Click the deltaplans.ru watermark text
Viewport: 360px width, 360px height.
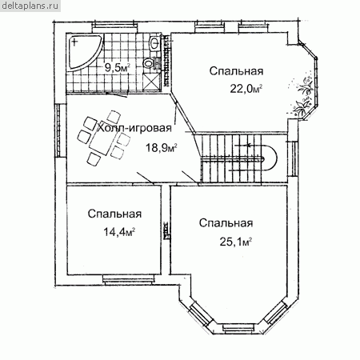(x=30, y=6)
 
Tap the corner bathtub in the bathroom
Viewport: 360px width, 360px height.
(x=82, y=52)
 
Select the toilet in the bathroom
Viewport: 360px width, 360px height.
(x=149, y=63)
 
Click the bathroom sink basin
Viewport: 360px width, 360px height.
(x=154, y=43)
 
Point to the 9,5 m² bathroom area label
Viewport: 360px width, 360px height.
(x=117, y=68)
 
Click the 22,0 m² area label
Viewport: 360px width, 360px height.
(x=246, y=89)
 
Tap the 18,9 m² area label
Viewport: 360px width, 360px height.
(x=162, y=147)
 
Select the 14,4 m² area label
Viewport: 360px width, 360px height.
(x=119, y=232)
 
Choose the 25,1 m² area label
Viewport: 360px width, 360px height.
(x=236, y=242)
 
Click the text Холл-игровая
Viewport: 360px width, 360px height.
(x=134, y=128)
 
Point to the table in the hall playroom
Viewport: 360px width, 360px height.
(x=103, y=142)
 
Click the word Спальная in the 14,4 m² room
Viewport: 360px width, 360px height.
(x=114, y=214)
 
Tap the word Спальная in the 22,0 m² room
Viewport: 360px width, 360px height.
(x=236, y=71)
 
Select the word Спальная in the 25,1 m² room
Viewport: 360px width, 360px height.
(x=226, y=223)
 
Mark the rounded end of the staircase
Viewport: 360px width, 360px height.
(x=271, y=159)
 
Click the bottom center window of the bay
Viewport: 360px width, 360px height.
(x=238, y=328)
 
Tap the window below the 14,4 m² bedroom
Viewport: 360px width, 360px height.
(x=129, y=280)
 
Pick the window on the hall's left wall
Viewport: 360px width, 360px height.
(x=58, y=130)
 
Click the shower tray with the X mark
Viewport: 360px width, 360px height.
(x=151, y=81)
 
